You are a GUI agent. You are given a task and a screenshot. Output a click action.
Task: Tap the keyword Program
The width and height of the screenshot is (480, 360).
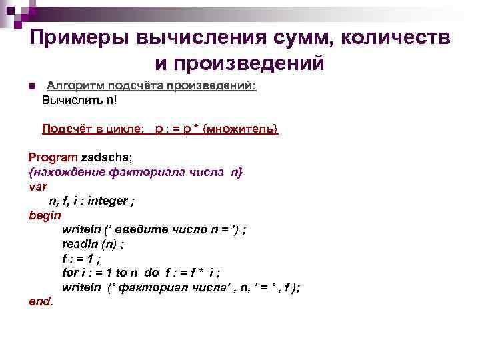(x=53, y=157)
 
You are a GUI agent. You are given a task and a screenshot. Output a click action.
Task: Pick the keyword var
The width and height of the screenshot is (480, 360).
(x=38, y=186)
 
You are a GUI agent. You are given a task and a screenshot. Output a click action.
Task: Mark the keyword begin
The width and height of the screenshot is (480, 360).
(x=45, y=215)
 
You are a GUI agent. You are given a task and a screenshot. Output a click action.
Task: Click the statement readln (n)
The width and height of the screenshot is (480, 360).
(x=93, y=243)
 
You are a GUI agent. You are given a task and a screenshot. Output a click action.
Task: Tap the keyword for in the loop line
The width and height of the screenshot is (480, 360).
(x=69, y=272)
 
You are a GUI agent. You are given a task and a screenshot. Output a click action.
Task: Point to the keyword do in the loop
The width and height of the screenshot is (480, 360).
(x=151, y=272)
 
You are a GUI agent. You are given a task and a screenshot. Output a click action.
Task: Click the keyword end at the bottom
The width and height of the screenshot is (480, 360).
(x=41, y=301)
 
